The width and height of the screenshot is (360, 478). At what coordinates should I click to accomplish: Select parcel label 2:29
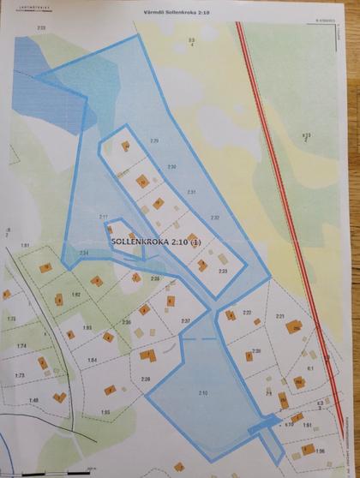point(155,140)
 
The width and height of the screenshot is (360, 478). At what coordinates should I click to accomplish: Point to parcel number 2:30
point(171,165)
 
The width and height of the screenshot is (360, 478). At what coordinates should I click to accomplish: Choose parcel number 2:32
point(215,218)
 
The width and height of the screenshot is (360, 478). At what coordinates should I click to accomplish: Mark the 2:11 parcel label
point(104,217)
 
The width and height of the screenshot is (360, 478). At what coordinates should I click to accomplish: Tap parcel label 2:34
point(83,254)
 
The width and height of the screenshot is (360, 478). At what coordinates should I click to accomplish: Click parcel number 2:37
point(185,320)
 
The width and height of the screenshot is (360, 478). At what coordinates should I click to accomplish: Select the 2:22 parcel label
point(246,312)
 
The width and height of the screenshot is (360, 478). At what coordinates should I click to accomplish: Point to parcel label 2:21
point(279,316)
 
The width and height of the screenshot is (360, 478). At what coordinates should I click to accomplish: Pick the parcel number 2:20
point(255,351)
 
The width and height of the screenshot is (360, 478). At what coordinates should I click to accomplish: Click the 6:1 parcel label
point(311,367)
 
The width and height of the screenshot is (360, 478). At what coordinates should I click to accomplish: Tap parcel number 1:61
point(26,246)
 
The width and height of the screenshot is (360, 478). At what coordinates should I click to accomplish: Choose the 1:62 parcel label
point(75,295)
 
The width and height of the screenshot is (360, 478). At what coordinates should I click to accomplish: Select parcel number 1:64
point(93,359)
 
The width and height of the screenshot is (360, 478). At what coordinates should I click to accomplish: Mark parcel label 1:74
point(21,345)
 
